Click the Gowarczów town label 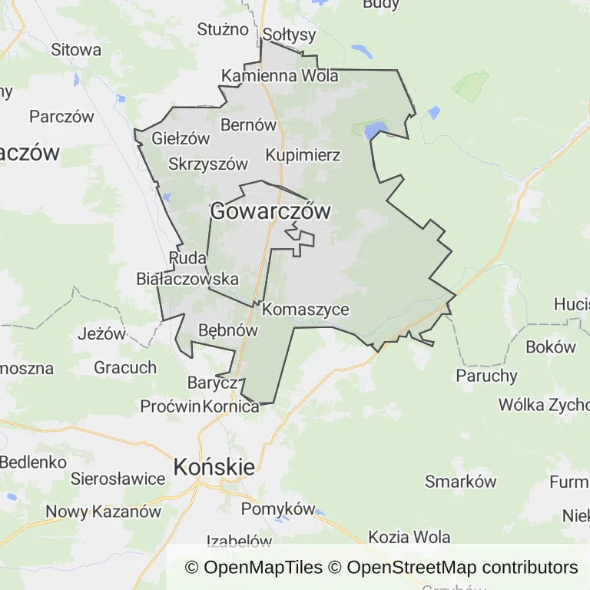click(x=270, y=211)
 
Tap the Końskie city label click(x=214, y=466)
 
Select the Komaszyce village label click(x=306, y=310)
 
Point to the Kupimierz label click(x=303, y=155)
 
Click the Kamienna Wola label click(x=280, y=76)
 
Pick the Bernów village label click(x=248, y=124)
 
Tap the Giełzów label click(x=181, y=139)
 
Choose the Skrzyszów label click(x=208, y=164)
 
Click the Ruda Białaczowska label click(x=187, y=268)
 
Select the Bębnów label click(x=227, y=330)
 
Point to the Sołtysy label click(x=290, y=35)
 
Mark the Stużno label click(x=223, y=30)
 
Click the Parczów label click(x=61, y=117)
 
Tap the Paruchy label click(x=487, y=376)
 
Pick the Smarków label click(x=461, y=482)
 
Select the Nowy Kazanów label click(x=104, y=512)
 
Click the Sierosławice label click(x=118, y=479)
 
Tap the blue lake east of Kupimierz click(x=376, y=129)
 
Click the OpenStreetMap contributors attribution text click(x=462, y=568)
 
